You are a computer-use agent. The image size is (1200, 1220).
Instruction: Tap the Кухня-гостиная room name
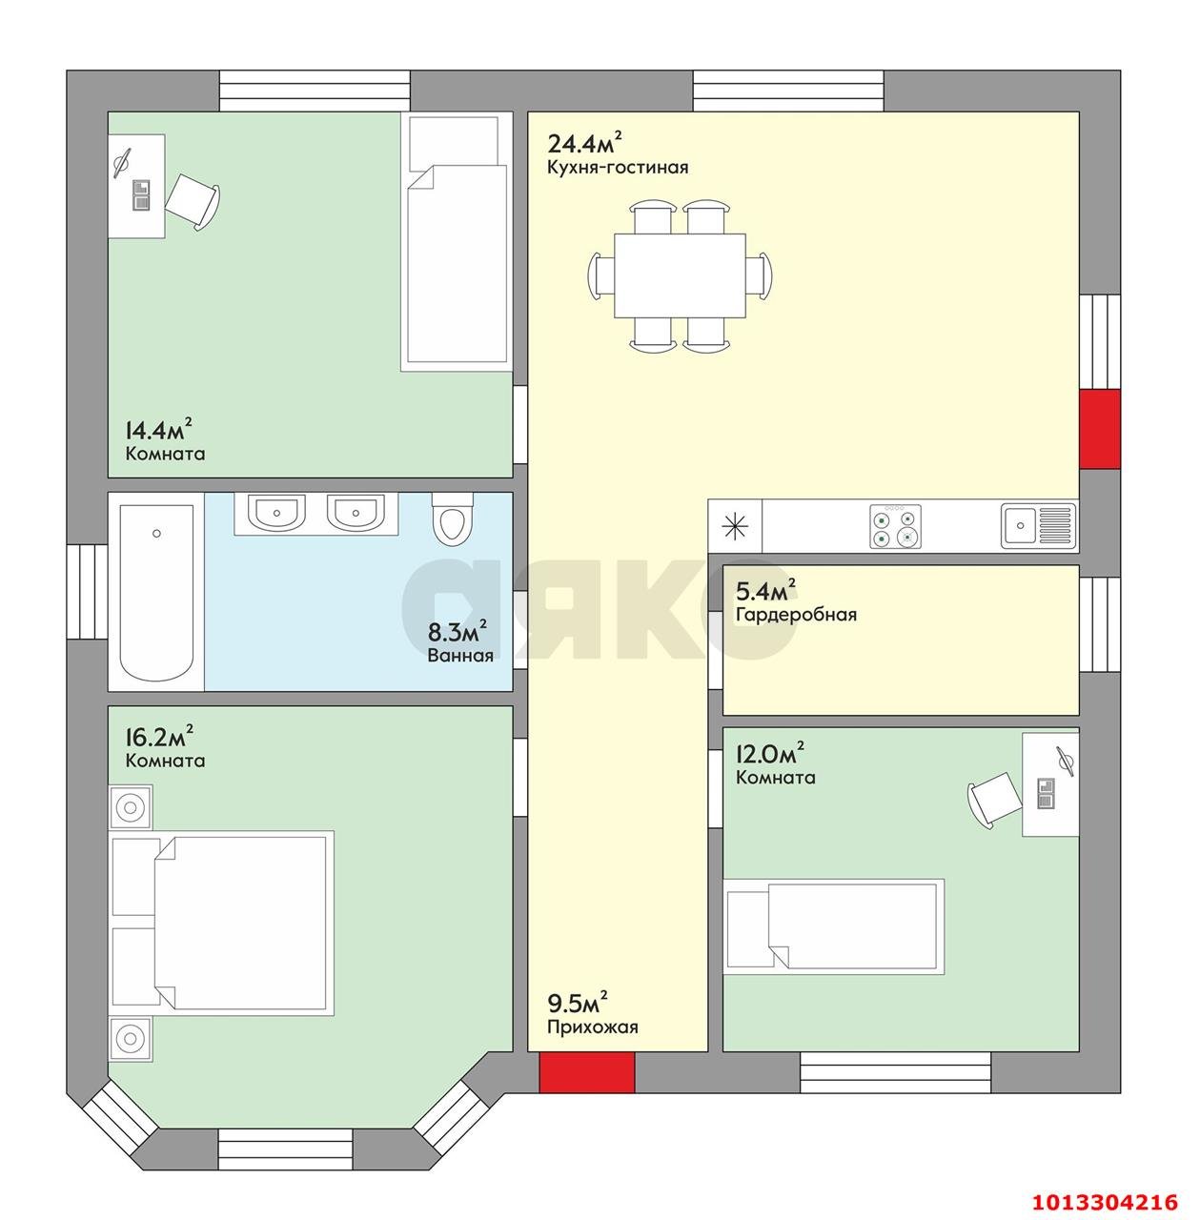[618, 168]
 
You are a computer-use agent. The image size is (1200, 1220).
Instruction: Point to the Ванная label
[460, 655]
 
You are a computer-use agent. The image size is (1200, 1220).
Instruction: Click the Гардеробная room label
[796, 615]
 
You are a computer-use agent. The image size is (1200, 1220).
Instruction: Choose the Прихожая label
[592, 1027]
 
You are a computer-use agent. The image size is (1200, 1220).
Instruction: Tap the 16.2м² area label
[159, 737]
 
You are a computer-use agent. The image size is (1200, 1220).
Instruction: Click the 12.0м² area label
[770, 753]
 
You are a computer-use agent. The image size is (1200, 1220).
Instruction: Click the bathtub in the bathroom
[156, 592]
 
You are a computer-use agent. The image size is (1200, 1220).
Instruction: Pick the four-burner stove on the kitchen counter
[895, 526]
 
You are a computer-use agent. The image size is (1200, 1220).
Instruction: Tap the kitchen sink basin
[1020, 525]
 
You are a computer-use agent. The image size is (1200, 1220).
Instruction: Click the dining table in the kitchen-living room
[680, 275]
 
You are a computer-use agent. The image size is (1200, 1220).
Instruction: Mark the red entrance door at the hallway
[586, 1072]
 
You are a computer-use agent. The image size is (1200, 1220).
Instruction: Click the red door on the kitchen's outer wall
[1100, 429]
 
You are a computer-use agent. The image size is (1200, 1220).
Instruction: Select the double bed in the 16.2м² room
[222, 923]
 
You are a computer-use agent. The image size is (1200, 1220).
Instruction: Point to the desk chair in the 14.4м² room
[193, 201]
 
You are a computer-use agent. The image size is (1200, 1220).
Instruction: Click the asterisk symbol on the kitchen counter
[736, 526]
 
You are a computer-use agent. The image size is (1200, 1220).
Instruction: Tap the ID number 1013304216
[1106, 1202]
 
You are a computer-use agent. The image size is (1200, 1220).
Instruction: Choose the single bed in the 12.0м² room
[834, 926]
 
